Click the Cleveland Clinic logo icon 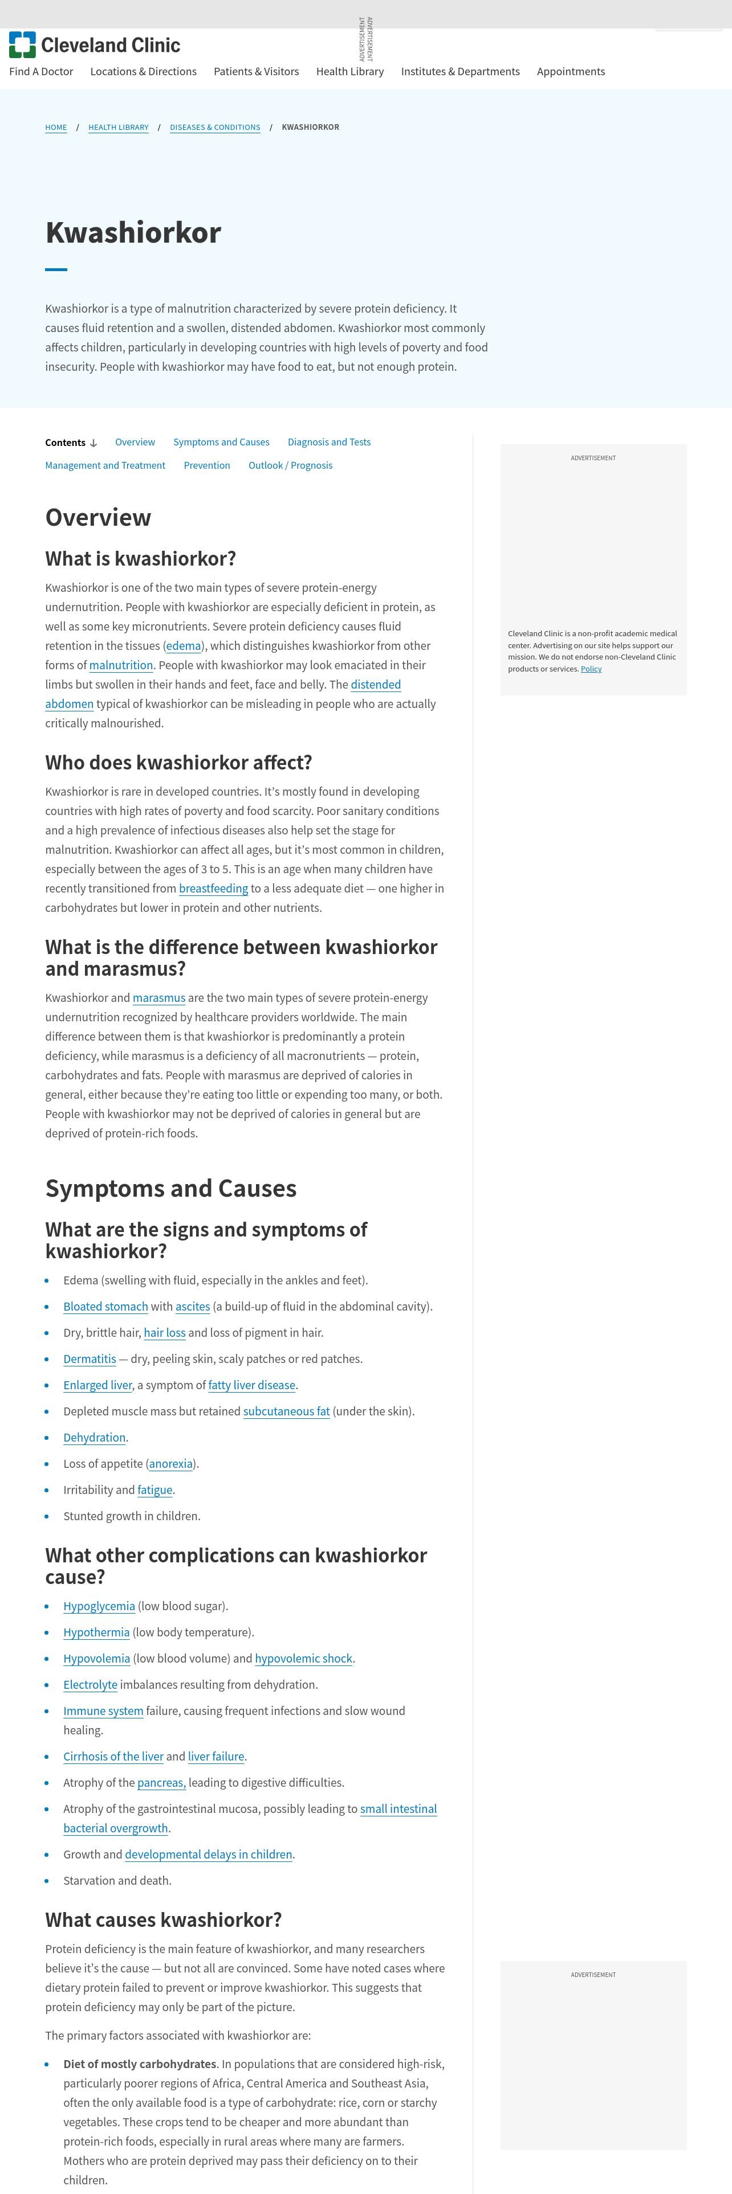[x=22, y=45]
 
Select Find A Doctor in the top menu [x=41, y=72]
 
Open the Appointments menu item [x=570, y=72]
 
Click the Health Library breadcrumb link [x=119, y=128]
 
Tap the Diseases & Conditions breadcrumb [x=215, y=128]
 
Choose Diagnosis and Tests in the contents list [x=329, y=442]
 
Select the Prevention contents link [x=207, y=465]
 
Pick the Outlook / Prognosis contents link [x=290, y=465]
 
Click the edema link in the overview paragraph [x=183, y=645]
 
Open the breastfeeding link [x=213, y=889]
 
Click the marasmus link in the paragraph [x=158, y=997]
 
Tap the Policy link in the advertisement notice [x=591, y=669]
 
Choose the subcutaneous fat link [x=286, y=1411]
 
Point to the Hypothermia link [x=96, y=1632]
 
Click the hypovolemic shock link [x=303, y=1658]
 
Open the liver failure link [x=215, y=1756]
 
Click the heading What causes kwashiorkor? [x=162, y=1919]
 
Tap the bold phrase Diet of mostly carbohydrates [x=139, y=2064]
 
